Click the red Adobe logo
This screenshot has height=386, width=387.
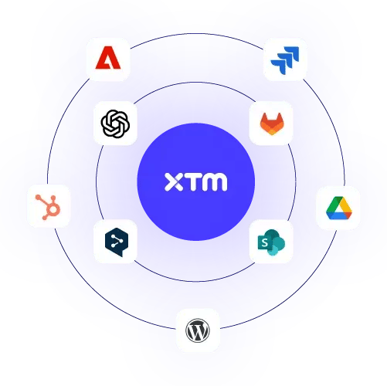108,58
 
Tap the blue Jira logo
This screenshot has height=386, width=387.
285,58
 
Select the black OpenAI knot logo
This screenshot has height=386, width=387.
115,122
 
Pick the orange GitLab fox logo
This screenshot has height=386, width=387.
271,122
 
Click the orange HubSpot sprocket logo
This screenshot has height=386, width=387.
48,206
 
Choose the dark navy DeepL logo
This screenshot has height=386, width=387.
115,242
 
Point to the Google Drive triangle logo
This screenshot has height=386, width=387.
338,208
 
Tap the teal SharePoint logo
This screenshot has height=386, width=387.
271,242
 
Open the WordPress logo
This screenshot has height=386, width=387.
198,330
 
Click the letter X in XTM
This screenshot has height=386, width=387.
173,183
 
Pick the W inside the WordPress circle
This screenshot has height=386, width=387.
198,330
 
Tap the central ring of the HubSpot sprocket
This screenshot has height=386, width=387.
51,208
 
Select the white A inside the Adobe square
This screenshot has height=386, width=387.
108,59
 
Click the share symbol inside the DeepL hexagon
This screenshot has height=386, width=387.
115,241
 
